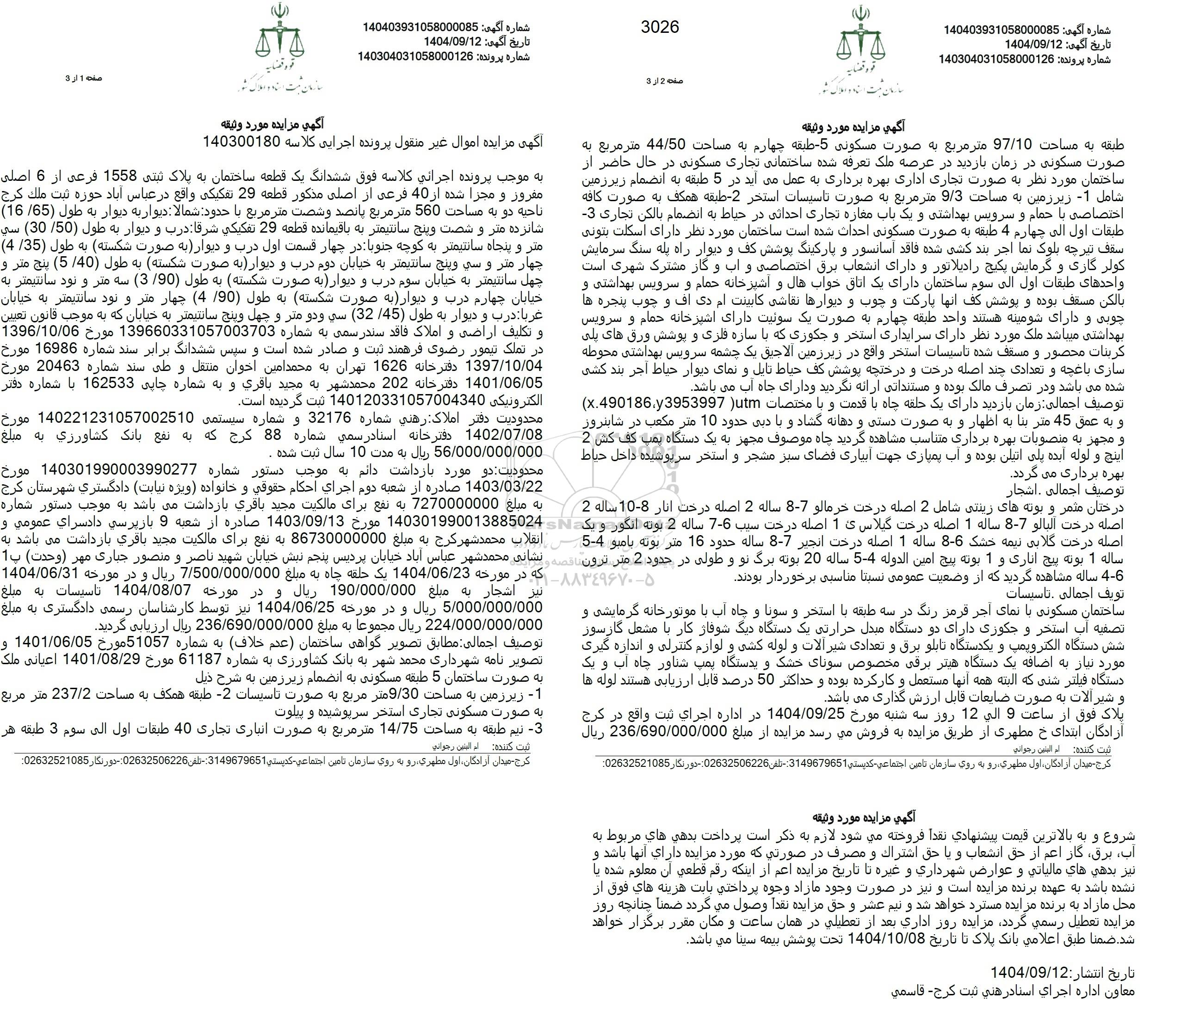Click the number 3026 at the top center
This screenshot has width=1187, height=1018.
coord(660,27)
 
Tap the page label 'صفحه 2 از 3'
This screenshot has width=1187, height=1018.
coord(665,81)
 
